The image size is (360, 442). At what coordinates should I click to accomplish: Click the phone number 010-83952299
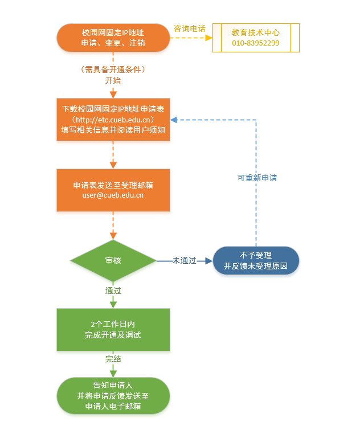coord(256,43)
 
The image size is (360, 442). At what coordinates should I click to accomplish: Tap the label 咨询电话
coord(189,27)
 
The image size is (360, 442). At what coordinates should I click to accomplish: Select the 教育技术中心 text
coord(256,32)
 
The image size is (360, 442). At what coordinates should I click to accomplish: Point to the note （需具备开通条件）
coord(113,69)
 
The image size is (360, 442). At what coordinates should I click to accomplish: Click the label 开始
coord(113,80)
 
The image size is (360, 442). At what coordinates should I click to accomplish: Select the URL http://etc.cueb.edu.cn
coord(113,119)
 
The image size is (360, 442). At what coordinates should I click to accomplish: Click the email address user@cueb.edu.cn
coord(113,195)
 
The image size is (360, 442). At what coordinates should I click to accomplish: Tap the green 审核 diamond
coord(113,260)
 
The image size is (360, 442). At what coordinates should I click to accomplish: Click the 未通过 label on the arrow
coord(184,260)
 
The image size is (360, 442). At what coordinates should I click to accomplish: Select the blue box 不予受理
coord(256,260)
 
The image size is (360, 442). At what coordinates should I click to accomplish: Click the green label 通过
coord(113,290)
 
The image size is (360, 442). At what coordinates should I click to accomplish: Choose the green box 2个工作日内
coord(113,329)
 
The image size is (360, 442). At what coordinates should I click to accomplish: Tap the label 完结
coord(113,359)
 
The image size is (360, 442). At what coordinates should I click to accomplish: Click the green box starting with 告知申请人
coord(113,395)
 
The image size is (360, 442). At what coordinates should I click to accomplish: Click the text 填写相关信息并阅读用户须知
coord(113,129)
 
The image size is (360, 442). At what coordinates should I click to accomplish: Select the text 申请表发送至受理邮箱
coord(113,185)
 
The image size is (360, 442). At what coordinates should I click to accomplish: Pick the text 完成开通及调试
coord(113,335)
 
